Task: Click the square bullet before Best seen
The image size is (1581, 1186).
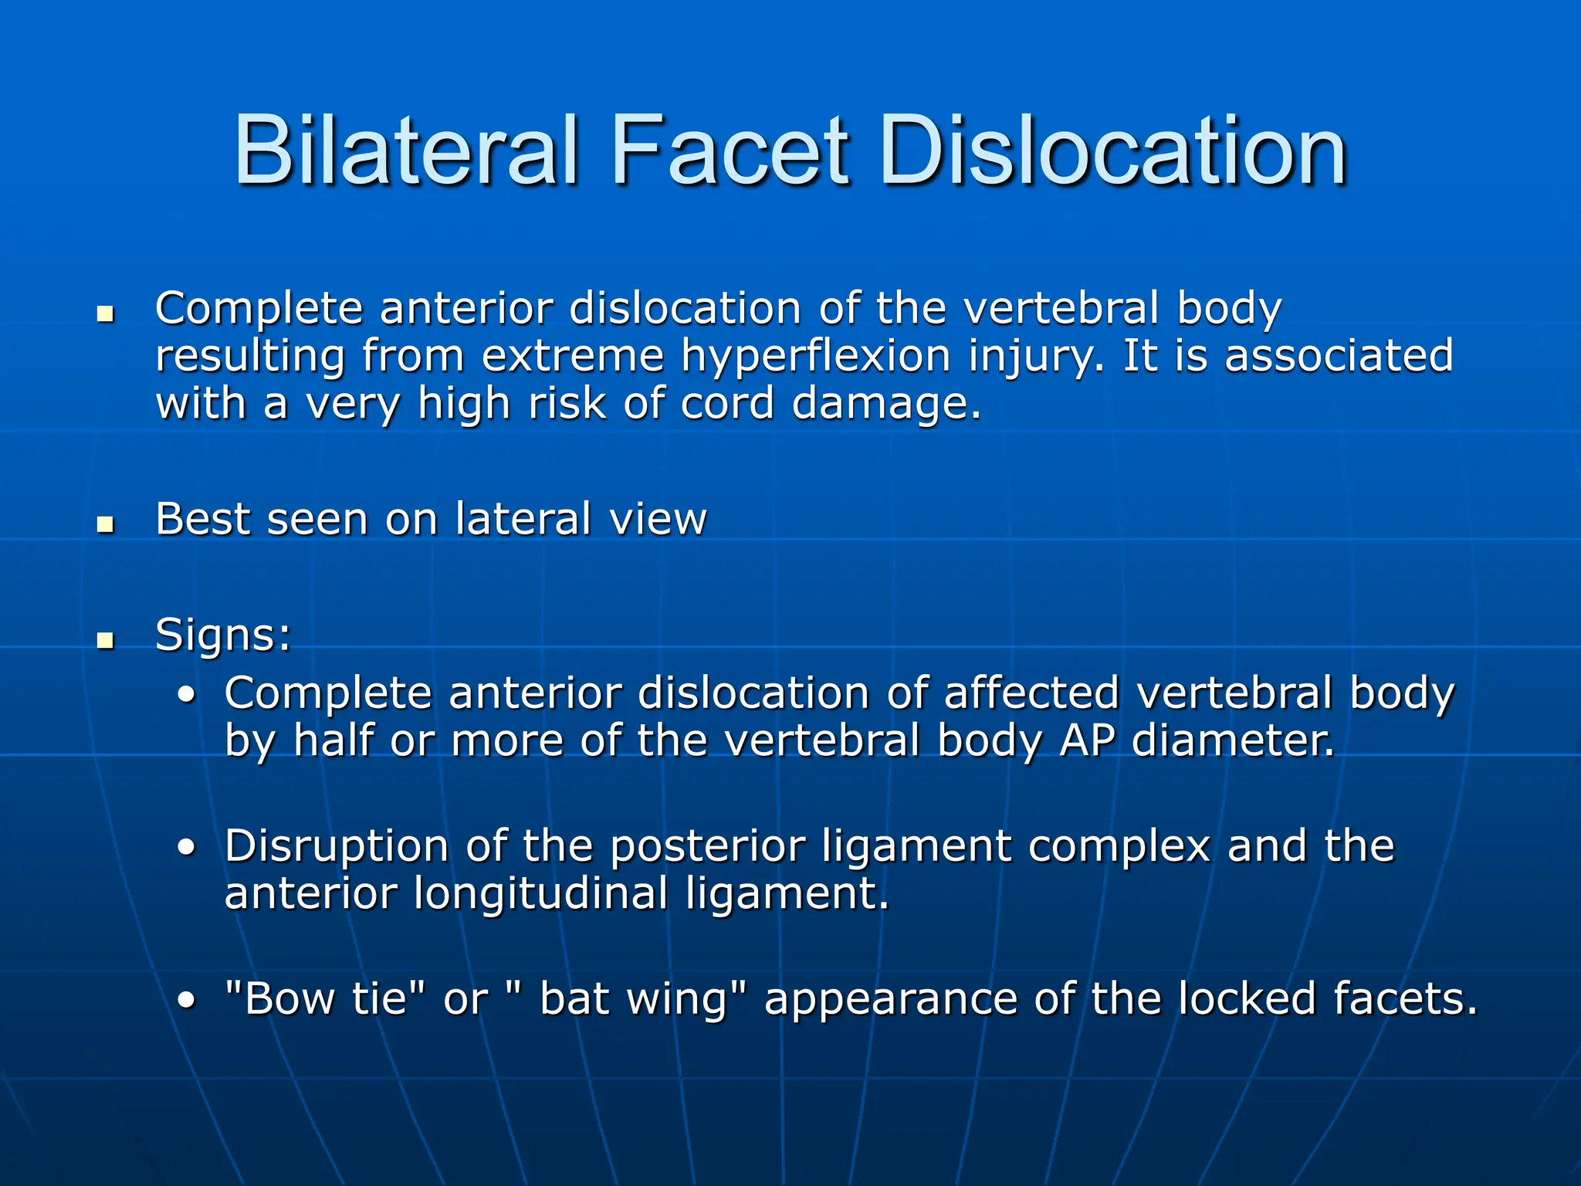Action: point(106,526)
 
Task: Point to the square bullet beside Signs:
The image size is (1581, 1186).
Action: point(106,640)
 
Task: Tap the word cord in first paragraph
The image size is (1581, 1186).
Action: point(726,405)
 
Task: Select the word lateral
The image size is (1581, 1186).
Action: point(523,519)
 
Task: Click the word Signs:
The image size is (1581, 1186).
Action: point(223,635)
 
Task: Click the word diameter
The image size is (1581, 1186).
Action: point(1232,740)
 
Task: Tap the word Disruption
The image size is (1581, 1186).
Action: point(337,846)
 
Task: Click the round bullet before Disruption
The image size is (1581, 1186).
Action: point(186,848)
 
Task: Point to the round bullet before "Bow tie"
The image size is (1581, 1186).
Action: point(186,1001)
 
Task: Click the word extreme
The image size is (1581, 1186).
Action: point(572,357)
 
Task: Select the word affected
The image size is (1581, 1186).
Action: point(1032,693)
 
